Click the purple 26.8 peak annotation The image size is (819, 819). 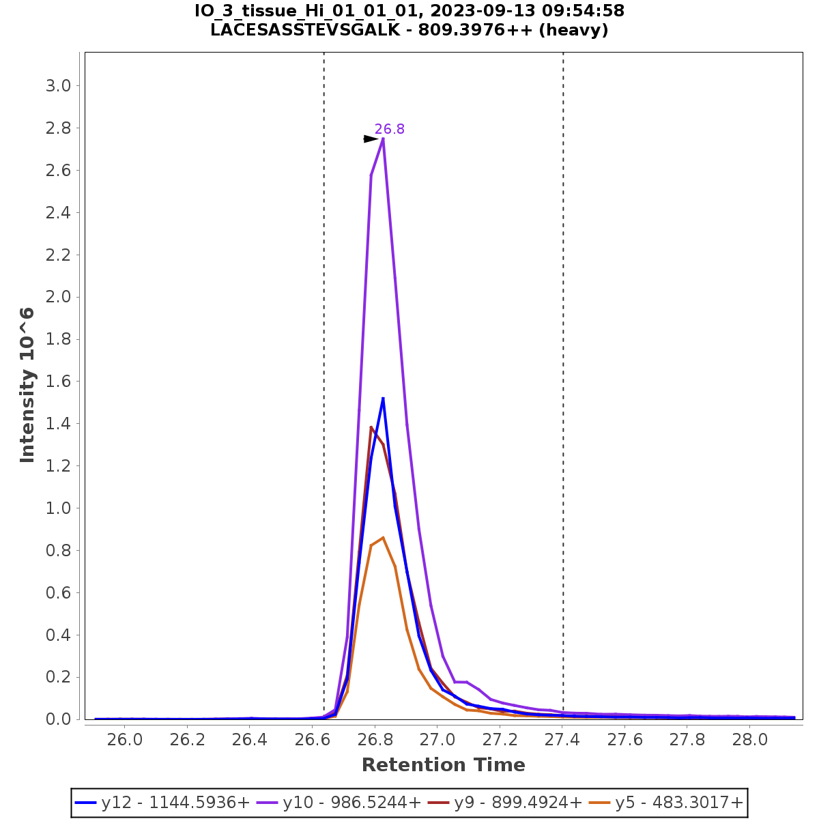coord(389,129)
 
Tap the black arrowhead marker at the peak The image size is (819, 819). coord(371,139)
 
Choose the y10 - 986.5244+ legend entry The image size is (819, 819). coord(339,803)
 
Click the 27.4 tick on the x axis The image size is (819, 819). coord(562,741)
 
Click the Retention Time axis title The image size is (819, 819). coord(443,765)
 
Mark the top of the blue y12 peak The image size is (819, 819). coord(383,398)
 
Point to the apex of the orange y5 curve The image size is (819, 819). coord(383,537)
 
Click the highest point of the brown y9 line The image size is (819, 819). coord(371,427)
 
